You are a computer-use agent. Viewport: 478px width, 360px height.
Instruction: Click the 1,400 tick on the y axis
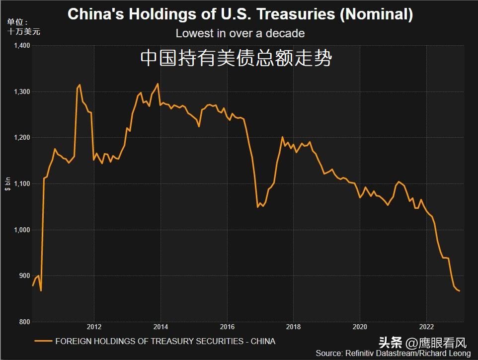(22, 46)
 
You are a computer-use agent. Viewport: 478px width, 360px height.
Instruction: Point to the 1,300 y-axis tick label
(22, 92)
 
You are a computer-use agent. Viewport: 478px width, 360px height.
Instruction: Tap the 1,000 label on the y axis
(22, 230)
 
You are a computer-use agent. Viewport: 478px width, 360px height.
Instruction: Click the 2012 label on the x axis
(94, 327)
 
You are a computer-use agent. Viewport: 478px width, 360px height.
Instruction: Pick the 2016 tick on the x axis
(227, 327)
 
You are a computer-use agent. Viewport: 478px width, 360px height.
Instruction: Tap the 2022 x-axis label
(426, 327)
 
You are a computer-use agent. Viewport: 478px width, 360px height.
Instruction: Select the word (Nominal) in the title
(377, 14)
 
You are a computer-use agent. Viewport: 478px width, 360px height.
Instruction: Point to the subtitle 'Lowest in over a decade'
(240, 34)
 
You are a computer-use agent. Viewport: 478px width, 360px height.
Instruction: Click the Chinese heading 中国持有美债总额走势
(236, 59)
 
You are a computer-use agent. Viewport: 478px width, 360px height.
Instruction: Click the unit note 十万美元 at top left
(24, 32)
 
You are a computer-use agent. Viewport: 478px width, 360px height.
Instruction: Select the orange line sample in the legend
(44, 341)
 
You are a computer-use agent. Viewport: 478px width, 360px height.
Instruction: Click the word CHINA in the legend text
(263, 341)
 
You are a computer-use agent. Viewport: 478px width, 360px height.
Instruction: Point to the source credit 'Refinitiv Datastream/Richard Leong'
(406, 353)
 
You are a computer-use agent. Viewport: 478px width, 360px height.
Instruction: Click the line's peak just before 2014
(158, 84)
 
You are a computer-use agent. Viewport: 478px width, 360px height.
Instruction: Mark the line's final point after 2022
(460, 291)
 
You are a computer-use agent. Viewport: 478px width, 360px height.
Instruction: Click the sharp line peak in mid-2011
(80, 85)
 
